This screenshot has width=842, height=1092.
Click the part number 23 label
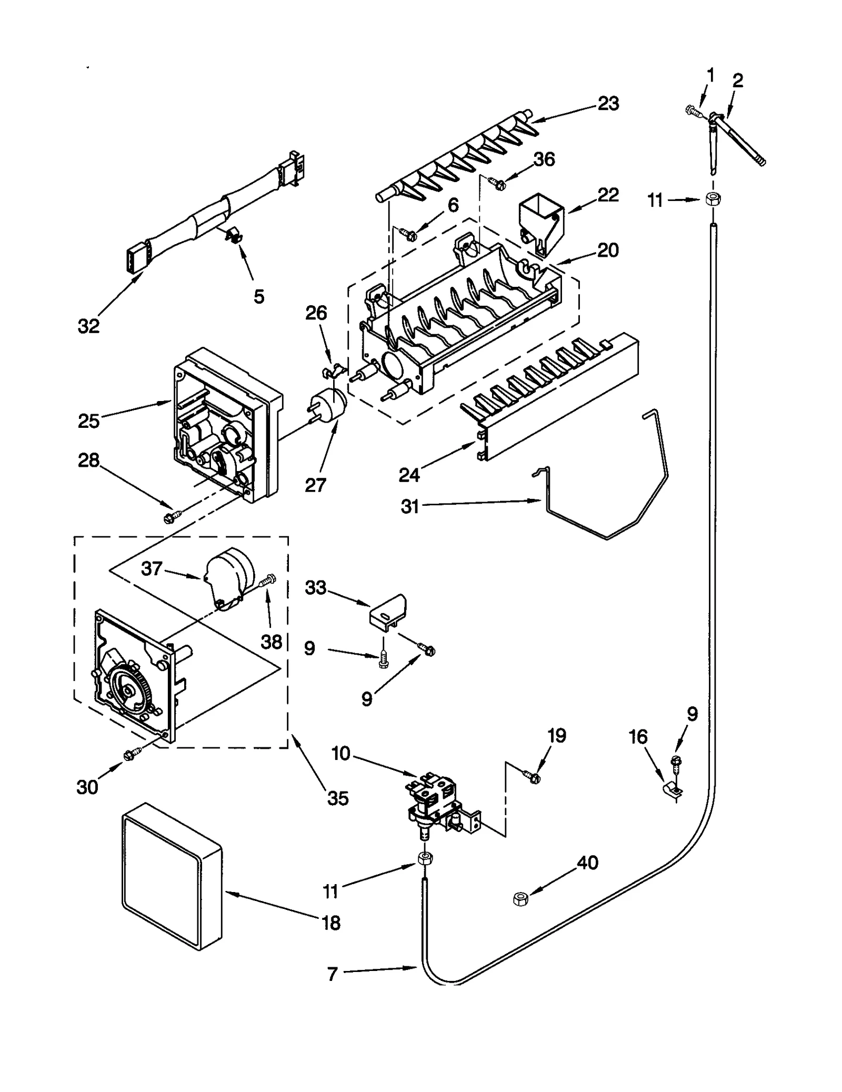[x=608, y=104]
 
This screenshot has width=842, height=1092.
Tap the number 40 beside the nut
[x=588, y=863]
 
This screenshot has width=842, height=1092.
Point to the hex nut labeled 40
[x=520, y=899]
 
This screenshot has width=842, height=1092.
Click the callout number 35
[x=338, y=798]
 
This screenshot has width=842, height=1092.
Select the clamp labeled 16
[x=672, y=790]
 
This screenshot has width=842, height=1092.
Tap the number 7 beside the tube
[x=332, y=974]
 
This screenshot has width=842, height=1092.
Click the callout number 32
[x=88, y=326]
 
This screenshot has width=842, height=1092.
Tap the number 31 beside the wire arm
[x=410, y=506]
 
